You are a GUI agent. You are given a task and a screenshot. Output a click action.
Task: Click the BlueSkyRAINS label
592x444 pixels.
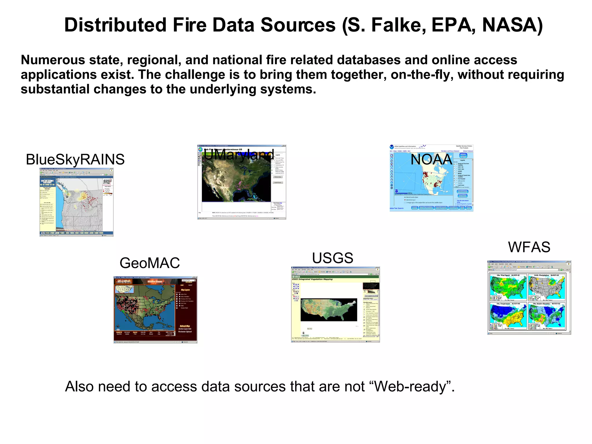pyautogui.click(x=75, y=159)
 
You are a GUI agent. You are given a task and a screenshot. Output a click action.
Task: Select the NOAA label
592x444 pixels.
pyautogui.click(x=431, y=159)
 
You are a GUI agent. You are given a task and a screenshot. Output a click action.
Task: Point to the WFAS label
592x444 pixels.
pyautogui.click(x=529, y=247)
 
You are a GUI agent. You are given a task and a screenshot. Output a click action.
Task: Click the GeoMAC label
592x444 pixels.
pyautogui.click(x=150, y=263)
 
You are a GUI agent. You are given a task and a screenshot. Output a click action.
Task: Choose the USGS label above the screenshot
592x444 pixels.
pyautogui.click(x=333, y=258)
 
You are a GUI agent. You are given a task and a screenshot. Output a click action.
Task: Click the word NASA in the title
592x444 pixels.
pyautogui.click(x=512, y=25)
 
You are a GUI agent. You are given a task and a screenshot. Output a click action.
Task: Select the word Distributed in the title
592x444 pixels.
pyautogui.click(x=115, y=25)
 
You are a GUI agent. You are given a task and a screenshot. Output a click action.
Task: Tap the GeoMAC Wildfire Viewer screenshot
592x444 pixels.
pyautogui.click(x=155, y=310)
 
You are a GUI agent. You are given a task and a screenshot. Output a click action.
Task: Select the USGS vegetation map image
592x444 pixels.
pyautogui.click(x=329, y=310)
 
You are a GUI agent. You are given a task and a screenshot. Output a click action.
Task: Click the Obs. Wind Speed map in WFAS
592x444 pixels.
pyautogui.click(x=508, y=287)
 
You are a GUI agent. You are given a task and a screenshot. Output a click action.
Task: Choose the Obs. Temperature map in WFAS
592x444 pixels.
pyautogui.click(x=508, y=316)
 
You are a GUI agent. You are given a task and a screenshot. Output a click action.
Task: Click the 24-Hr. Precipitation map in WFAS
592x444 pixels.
pyautogui.click(x=546, y=287)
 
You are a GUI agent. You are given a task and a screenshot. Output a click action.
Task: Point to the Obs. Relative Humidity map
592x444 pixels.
pyautogui.click(x=546, y=316)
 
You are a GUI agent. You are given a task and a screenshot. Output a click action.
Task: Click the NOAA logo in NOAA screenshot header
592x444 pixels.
pyautogui.click(x=392, y=147)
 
